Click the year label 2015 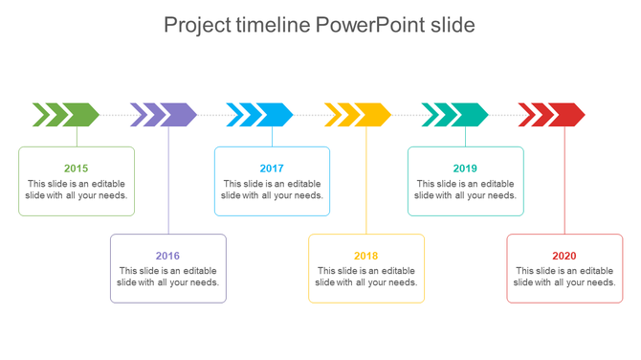click(x=77, y=169)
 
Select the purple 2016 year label click(x=167, y=256)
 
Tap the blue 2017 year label click(x=272, y=169)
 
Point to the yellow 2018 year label click(x=365, y=256)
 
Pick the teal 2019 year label click(x=465, y=169)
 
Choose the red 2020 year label click(x=564, y=256)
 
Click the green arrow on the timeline click(x=67, y=115)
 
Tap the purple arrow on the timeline click(x=165, y=115)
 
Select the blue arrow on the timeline click(x=261, y=115)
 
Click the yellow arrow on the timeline click(x=359, y=115)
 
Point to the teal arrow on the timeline click(x=456, y=115)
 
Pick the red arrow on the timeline click(x=553, y=115)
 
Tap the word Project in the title click(x=197, y=25)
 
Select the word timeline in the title click(x=272, y=25)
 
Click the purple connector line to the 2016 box click(x=168, y=182)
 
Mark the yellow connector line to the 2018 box click(x=366, y=182)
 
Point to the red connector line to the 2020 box click(x=564, y=182)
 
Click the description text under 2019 click(x=465, y=190)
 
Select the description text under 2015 click(x=77, y=190)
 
